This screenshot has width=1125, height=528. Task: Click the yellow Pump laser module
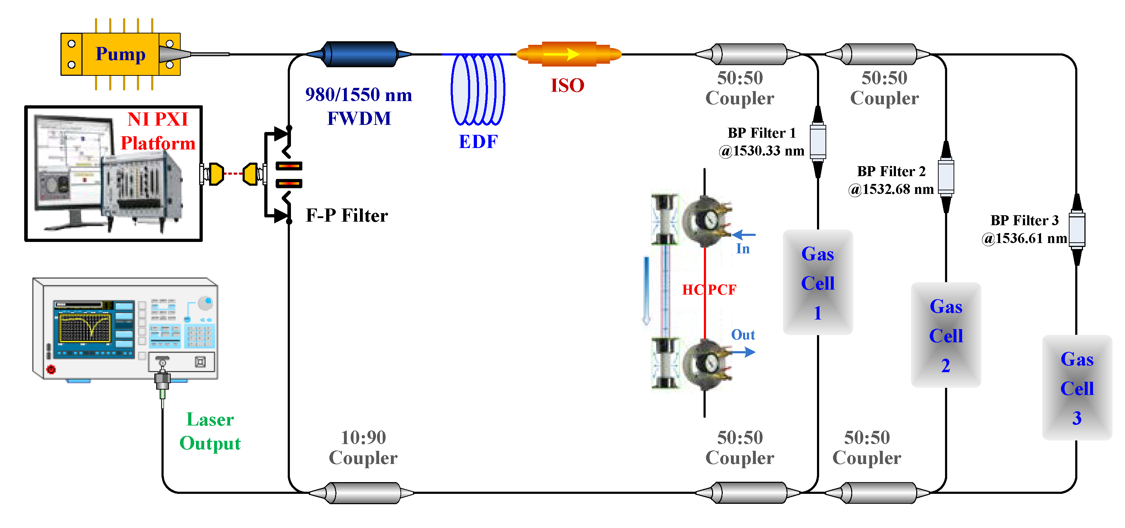point(120,54)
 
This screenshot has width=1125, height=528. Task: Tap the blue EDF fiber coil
point(478,90)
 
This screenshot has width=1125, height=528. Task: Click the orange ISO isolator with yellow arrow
point(569,54)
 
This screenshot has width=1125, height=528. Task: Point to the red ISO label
point(567,85)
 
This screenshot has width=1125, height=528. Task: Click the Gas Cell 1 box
point(818,283)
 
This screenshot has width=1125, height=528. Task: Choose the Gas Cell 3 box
point(1077,388)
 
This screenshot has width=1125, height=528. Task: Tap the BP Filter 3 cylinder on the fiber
point(1077,229)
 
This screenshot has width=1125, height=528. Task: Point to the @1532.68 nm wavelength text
point(891,189)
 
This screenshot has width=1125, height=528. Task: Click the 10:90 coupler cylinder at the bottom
point(362,493)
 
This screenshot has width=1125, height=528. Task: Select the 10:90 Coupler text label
point(363,448)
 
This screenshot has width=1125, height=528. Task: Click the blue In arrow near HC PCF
point(743,235)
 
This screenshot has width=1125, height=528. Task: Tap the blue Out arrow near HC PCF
point(743,352)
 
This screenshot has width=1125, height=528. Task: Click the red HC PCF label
point(709,290)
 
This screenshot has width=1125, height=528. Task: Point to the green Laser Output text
point(210,431)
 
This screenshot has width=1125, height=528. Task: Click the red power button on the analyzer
point(51,369)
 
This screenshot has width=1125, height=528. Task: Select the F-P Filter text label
point(346,215)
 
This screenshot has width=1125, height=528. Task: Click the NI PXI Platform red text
point(158,131)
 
